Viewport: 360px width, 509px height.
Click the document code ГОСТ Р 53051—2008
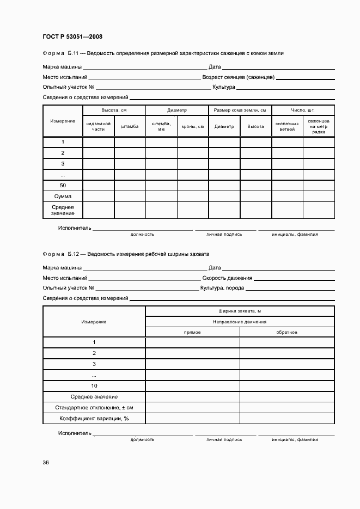pos(72,37)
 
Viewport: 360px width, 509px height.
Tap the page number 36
pos(46,463)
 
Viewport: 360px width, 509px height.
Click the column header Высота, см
pos(114,110)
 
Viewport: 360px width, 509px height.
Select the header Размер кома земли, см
pos(240,110)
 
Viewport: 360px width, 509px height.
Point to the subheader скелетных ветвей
pos(287,126)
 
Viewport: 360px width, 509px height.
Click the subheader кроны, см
pos(193,126)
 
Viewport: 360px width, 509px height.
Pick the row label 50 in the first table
pos(63,186)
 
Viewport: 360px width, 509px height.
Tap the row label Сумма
pos(63,196)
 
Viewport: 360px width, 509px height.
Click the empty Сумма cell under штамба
pos(130,196)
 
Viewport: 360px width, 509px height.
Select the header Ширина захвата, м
pos(240,311)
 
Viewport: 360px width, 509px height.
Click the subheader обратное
pos(287,332)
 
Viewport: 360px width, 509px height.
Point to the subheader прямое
pos(192,332)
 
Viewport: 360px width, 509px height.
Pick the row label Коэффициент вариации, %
pos(94,419)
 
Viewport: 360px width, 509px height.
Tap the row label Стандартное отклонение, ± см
pos(94,408)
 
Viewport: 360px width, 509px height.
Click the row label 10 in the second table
pos(94,386)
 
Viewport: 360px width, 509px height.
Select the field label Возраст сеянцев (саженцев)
pos(238,77)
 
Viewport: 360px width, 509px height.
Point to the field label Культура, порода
pos(222,288)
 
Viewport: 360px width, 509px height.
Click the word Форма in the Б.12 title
pos(53,254)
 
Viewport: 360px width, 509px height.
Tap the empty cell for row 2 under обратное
pos(287,353)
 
